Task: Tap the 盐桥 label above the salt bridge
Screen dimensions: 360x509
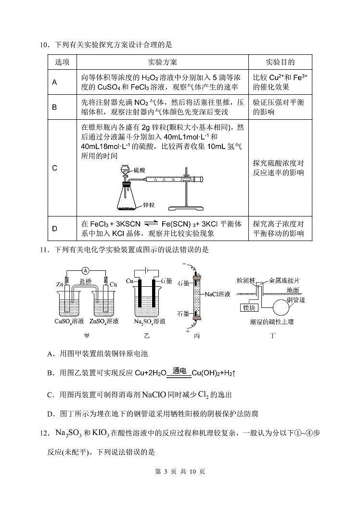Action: click(85, 284)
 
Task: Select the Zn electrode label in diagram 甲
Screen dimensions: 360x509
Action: click(60, 284)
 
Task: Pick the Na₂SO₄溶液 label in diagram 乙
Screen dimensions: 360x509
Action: click(150, 321)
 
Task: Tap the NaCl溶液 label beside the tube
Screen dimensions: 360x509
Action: click(218, 294)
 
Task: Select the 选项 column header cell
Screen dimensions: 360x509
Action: click(62, 62)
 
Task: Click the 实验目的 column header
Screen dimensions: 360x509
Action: click(280, 62)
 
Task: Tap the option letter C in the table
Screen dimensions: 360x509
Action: click(54, 168)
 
